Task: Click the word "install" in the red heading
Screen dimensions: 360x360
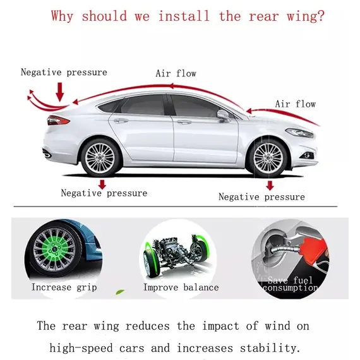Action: coord(184,16)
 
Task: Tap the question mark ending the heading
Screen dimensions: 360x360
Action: coord(320,16)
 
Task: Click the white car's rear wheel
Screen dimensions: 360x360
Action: coord(100,158)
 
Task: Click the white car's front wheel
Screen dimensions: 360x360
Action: coord(268,158)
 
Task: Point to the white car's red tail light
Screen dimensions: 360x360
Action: coord(58,120)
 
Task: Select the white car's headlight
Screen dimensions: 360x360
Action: coord(299,133)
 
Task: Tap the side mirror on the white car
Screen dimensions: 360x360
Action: coord(223,115)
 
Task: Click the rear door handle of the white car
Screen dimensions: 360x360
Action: coord(121,121)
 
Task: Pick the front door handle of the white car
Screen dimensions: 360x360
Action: coord(184,122)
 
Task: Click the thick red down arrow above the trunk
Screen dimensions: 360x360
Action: coord(60,92)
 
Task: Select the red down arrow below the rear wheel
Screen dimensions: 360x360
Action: coord(102,184)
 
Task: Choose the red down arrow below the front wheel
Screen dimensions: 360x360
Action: coord(270,186)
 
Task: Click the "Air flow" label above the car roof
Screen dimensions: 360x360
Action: coord(176,73)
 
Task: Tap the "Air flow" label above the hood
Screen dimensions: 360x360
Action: coord(296,104)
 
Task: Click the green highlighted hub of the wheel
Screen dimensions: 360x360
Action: coord(54,248)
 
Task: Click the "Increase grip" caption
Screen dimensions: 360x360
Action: coord(64,287)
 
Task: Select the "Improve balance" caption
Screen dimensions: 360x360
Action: coord(181,287)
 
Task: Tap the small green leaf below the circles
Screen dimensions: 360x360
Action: coord(120,292)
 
